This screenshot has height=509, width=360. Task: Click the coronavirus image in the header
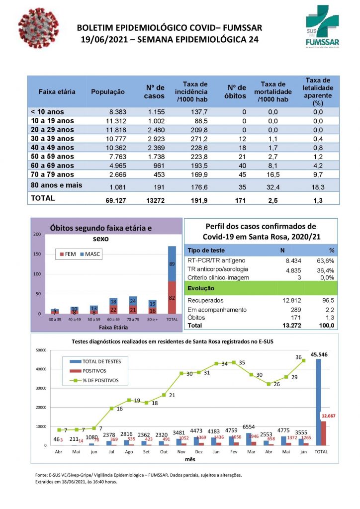pos(38,28)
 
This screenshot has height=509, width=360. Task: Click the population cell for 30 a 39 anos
pos(116,139)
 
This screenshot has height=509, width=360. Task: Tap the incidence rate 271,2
pos(198,139)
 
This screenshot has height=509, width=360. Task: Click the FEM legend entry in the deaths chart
pos(69,254)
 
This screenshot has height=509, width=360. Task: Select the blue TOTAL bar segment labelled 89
pos(172,263)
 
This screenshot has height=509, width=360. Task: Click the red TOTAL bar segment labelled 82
pos(172,297)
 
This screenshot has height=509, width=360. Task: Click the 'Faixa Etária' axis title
pos(113,328)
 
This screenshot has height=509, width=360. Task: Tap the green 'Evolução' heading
pos(201,288)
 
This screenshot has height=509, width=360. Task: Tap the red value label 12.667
pos(329,416)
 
